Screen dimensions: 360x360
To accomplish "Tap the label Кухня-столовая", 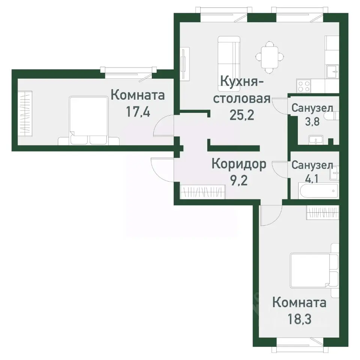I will click(241, 90).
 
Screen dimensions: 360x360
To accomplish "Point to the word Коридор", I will click(239, 164).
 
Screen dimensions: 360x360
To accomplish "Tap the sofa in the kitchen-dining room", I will click(229, 56).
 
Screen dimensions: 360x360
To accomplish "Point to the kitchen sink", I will click(332, 71).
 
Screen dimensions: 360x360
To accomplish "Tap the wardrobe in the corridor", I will click(203, 192).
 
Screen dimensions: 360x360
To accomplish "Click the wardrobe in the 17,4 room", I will click(26, 113).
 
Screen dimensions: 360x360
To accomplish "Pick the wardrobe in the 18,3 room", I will click(323, 213).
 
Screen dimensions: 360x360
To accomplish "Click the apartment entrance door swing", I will click(161, 169).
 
